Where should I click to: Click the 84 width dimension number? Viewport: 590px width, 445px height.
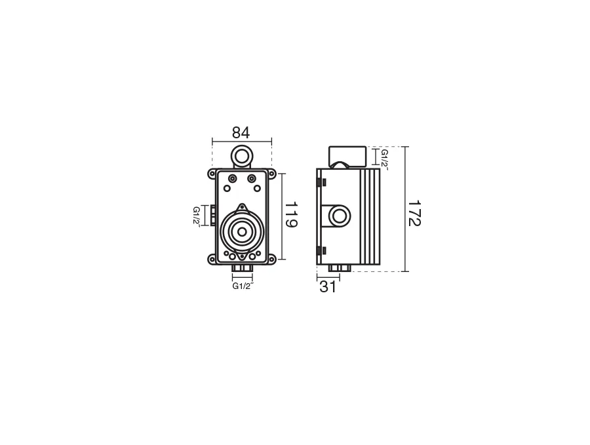click(241, 133)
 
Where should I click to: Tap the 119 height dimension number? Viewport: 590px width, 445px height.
click(291, 215)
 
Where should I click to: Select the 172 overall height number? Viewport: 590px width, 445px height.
click(414, 213)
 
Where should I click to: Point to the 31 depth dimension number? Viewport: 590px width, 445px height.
click(328, 287)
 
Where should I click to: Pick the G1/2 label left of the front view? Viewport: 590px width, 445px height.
click(196, 216)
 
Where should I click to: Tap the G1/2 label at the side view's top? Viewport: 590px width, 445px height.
click(385, 159)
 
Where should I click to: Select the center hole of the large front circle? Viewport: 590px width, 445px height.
click(242, 232)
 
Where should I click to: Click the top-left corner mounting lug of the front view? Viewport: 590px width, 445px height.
click(212, 174)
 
